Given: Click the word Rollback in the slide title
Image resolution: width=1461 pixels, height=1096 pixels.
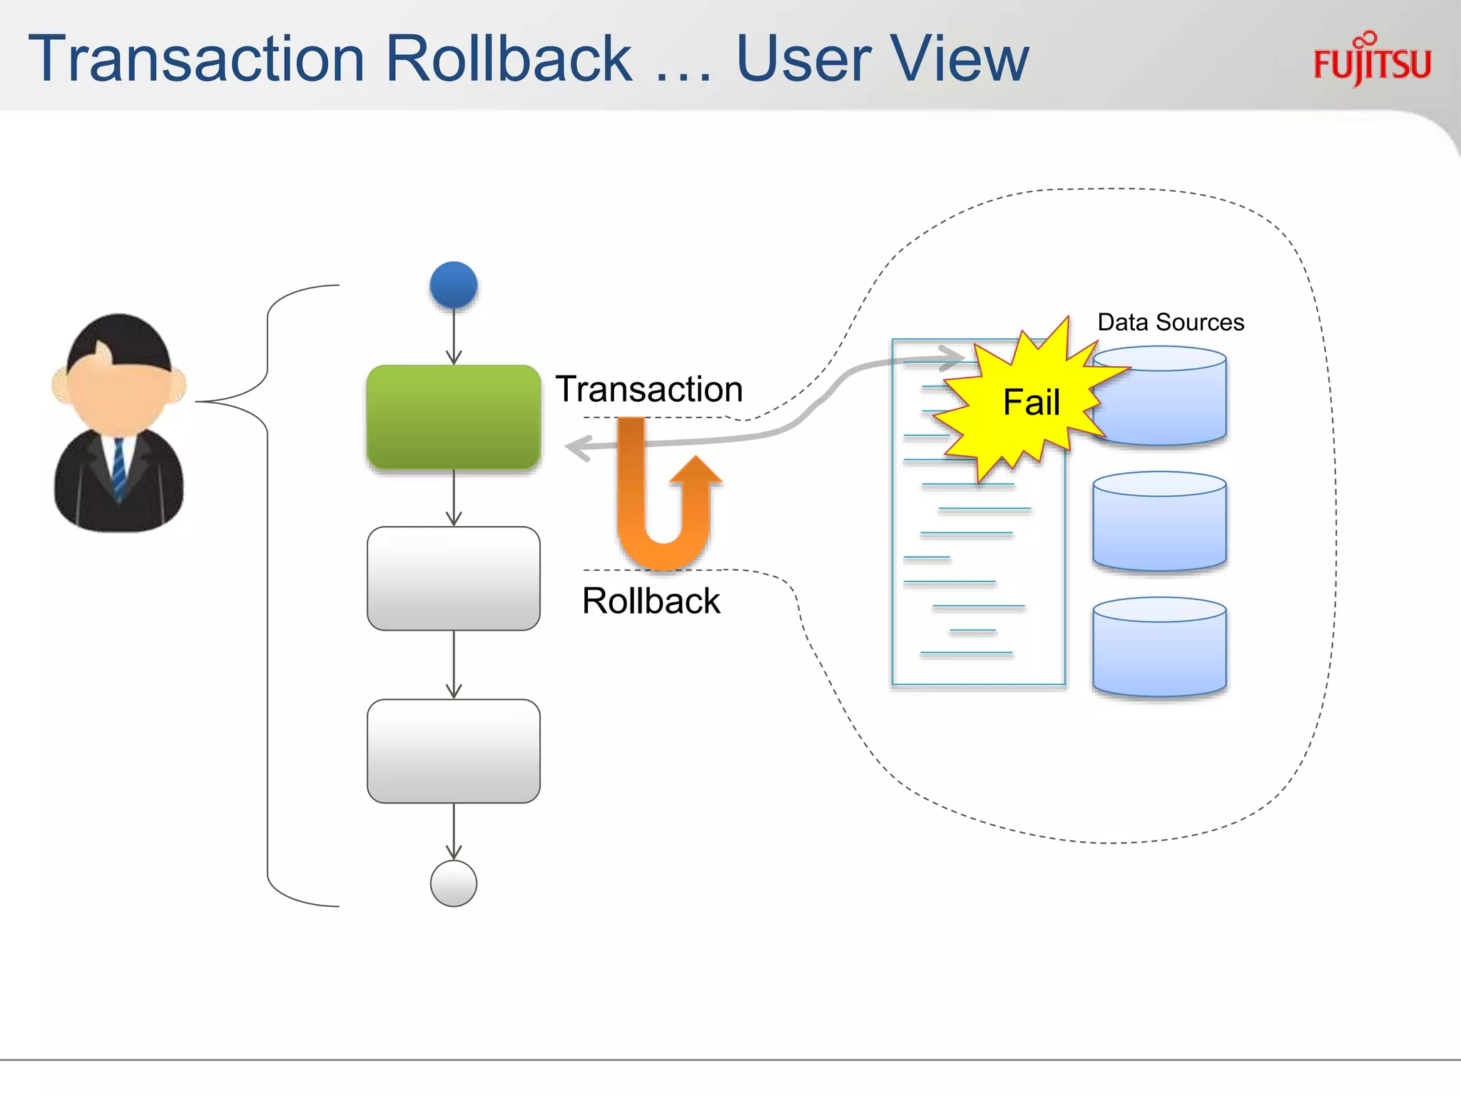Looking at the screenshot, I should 508,59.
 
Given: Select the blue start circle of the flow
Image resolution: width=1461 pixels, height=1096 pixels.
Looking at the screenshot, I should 454,285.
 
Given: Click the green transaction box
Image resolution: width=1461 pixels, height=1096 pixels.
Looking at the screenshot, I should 454,417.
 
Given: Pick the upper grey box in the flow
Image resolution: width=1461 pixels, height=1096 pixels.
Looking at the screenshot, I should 454,578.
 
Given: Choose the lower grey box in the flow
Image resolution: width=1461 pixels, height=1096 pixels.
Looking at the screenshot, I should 454,751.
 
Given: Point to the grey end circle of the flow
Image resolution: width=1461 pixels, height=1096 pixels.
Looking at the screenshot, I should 454,883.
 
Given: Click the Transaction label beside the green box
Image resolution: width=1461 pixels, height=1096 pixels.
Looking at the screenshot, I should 649,390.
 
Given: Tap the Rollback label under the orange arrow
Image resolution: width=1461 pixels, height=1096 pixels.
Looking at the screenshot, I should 651,601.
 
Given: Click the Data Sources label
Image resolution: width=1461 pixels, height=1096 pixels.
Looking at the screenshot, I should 1171,323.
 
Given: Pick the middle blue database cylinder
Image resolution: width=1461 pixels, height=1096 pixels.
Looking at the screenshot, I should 1159,522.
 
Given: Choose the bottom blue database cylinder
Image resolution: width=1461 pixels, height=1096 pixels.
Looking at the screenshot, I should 1159,648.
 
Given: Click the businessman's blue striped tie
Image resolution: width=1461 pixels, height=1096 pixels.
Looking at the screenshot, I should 119,467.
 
